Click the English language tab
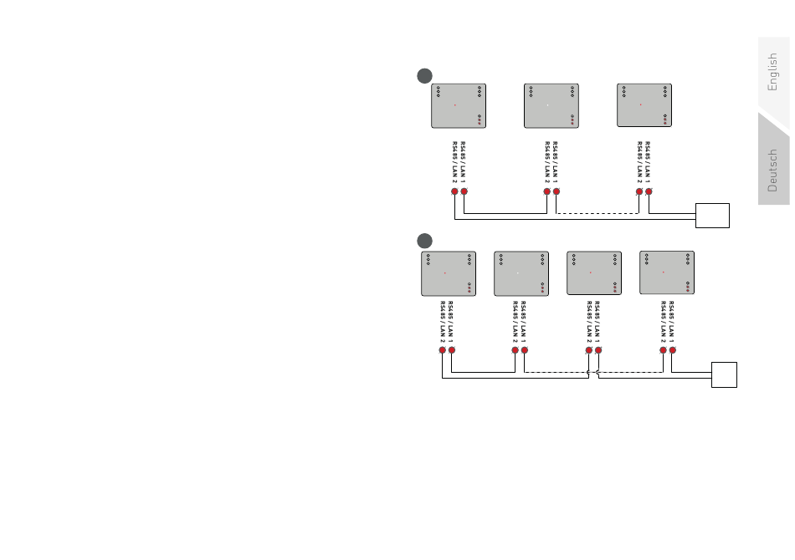[x=773, y=73]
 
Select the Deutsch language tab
[x=773, y=170]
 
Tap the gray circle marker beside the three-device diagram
[x=425, y=75]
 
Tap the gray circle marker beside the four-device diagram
[x=425, y=241]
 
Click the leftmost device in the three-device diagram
[x=459, y=105]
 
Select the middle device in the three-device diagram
[x=551, y=105]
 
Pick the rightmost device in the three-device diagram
[x=644, y=105]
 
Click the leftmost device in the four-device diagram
[x=448, y=272]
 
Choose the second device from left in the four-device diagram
[x=521, y=272]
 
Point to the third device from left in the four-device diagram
[x=594, y=272]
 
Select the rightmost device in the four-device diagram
[x=667, y=272]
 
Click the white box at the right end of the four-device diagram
[x=725, y=374]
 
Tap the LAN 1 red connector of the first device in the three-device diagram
[x=464, y=191]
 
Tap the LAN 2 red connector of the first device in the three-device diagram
[x=455, y=191]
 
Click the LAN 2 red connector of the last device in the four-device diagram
[x=663, y=350]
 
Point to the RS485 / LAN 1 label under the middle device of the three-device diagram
[x=556, y=162]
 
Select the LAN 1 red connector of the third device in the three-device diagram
[x=649, y=191]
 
